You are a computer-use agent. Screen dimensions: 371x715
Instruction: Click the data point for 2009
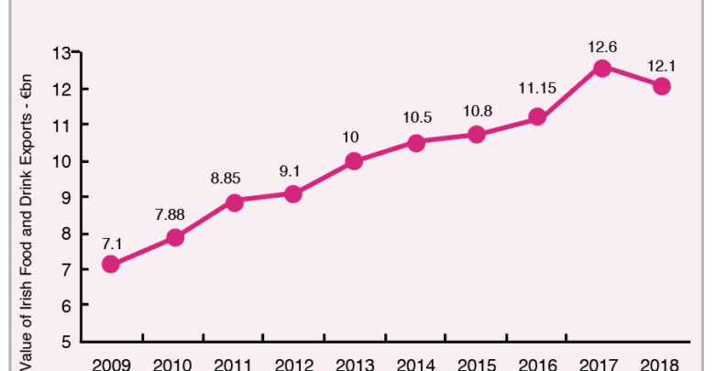(111, 265)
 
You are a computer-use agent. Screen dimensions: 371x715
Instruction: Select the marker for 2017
(602, 69)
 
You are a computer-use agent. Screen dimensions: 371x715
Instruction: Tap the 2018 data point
(662, 86)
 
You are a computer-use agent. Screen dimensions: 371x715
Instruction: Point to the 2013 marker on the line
(355, 161)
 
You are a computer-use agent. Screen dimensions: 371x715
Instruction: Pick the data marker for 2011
(234, 202)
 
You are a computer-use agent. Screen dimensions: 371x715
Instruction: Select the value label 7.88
(170, 216)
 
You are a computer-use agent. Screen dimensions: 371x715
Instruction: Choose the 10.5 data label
(416, 119)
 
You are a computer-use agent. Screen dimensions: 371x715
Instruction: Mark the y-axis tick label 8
(65, 233)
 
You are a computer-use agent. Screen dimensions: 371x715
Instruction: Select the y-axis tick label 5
(65, 342)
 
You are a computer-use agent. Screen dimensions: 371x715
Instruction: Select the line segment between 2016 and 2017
(570, 93)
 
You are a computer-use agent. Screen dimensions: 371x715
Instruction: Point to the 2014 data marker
(416, 143)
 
